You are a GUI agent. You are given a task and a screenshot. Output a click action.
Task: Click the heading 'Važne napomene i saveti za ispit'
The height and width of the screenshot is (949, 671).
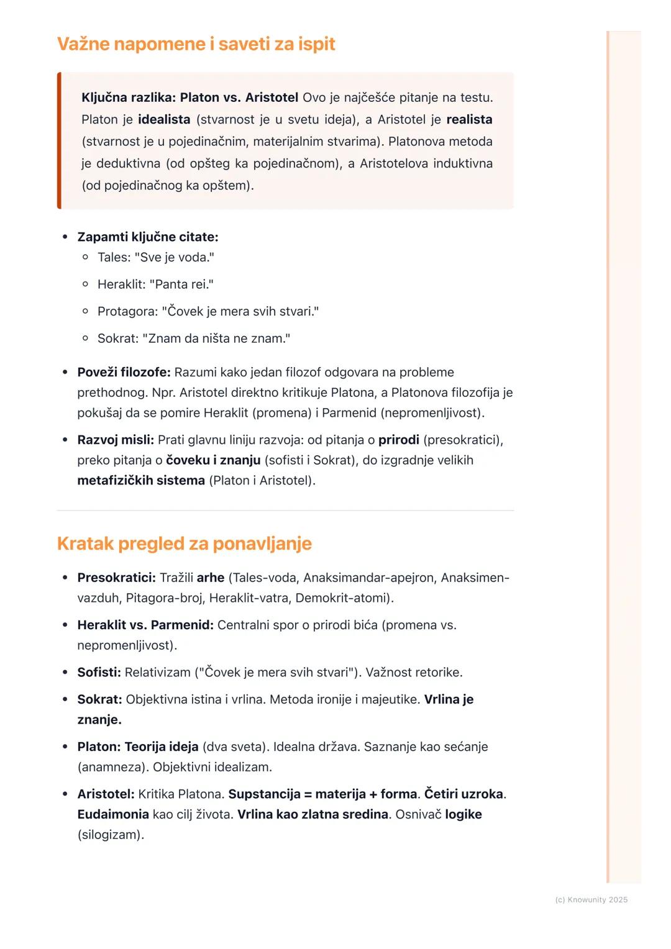click(x=196, y=44)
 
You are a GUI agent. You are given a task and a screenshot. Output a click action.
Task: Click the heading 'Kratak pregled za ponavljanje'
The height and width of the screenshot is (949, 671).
click(x=184, y=543)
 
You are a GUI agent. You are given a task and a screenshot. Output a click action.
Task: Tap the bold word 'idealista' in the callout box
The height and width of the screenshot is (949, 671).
click(x=164, y=119)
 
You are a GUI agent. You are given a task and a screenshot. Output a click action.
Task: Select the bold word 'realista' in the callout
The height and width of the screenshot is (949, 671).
click(x=469, y=119)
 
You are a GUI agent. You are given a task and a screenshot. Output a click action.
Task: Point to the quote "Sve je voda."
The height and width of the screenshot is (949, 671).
click(x=175, y=257)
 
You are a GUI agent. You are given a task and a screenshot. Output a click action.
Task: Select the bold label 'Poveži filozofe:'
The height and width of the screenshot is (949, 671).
click(x=124, y=372)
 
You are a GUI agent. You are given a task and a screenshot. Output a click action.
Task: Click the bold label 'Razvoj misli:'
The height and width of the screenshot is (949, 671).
click(x=116, y=440)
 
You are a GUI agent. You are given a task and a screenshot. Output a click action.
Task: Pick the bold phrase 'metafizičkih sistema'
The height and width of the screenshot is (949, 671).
click(x=141, y=481)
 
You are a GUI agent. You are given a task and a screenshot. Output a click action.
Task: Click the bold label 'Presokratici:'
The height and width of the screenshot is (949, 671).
click(x=116, y=578)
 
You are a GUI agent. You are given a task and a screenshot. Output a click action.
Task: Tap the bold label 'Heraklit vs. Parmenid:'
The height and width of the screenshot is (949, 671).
click(x=145, y=625)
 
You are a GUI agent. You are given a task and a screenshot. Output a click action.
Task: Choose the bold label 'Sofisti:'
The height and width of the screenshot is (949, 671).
click(x=99, y=672)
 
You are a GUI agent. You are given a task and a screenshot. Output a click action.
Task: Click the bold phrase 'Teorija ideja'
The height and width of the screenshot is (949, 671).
click(x=162, y=747)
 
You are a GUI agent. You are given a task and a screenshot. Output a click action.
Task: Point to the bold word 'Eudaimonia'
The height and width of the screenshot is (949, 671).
click(x=113, y=814)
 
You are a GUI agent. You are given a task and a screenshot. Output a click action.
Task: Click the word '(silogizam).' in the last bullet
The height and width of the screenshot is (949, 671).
click(x=111, y=835)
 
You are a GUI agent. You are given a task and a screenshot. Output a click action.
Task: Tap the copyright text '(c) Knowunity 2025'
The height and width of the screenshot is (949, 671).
click(x=591, y=899)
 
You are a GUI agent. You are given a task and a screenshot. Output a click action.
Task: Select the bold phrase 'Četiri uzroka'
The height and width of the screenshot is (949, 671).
click(x=463, y=794)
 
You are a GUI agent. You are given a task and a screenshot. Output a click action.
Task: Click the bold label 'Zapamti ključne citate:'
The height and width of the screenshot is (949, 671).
click(x=147, y=237)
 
